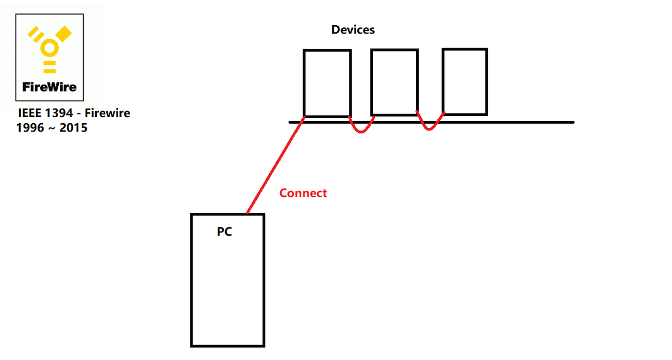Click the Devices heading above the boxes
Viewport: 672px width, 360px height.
pos(353,30)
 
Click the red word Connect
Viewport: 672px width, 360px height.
pos(303,193)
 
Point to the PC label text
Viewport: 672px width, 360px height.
pos(225,231)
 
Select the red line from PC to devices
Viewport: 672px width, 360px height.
pos(275,166)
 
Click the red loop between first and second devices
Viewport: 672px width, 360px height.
pos(362,128)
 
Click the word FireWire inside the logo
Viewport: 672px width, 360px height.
pos(49,87)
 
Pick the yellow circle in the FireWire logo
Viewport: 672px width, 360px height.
pos(50,49)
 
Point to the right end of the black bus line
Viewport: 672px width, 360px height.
pos(572,122)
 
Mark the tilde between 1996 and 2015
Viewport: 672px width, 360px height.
pos(52,129)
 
